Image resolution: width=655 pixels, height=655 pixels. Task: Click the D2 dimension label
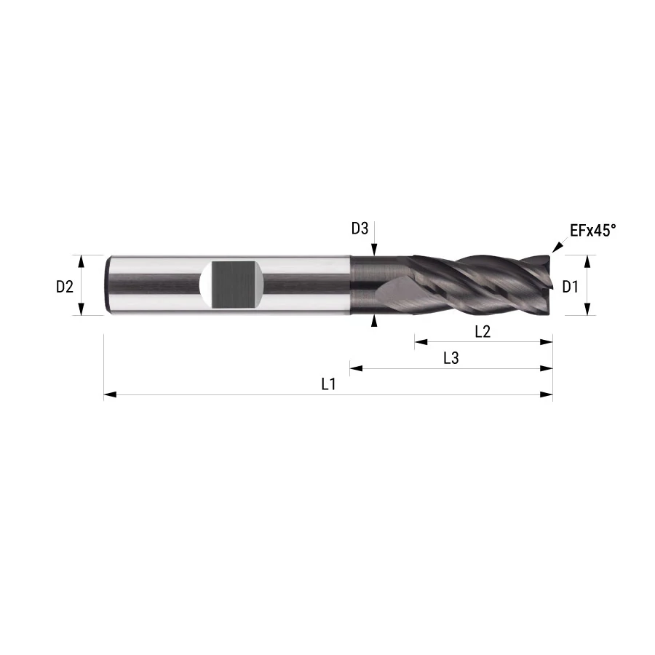coord(65,287)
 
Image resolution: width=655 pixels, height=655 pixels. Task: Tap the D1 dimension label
coord(570,287)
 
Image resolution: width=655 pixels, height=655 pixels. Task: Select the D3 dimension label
coord(360,229)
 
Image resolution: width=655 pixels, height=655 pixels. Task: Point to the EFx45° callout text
coord(592,230)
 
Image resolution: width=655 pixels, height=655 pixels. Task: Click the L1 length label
coord(329,384)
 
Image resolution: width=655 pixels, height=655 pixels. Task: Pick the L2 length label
coord(483,332)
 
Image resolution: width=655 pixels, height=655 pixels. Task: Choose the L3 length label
coord(451,358)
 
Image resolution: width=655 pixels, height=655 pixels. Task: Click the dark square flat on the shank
coord(233,285)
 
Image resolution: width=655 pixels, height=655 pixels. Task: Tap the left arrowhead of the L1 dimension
coord(110,394)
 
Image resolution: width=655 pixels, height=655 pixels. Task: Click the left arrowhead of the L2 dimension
coord(421,342)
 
